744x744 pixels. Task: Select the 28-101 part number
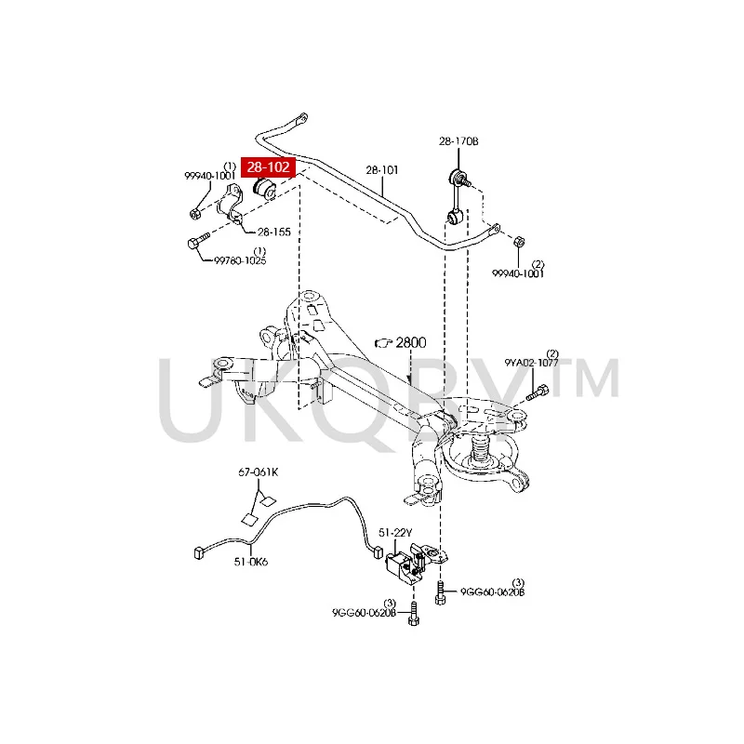click(x=381, y=170)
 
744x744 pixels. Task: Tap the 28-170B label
click(x=458, y=141)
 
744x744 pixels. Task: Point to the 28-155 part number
click(x=274, y=232)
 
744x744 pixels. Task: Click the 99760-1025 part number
click(x=240, y=260)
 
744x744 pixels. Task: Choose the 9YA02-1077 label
click(x=531, y=364)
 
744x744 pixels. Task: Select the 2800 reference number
click(x=409, y=342)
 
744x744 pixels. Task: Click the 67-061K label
click(x=258, y=472)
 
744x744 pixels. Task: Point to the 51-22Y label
click(x=394, y=532)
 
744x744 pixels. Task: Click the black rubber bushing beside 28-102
click(x=266, y=189)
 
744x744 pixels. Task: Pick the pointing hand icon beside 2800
click(x=382, y=343)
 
